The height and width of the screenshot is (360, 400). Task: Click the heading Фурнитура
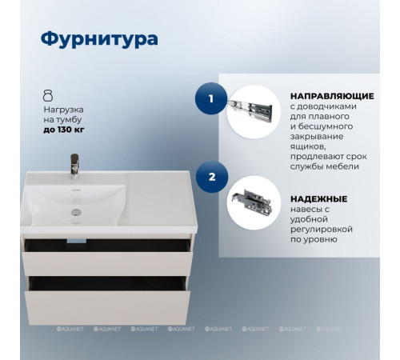click(98, 39)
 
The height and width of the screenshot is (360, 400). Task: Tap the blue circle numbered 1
click(210, 100)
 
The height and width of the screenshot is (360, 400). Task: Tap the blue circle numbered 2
click(210, 177)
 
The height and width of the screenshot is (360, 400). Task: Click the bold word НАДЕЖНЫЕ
click(318, 198)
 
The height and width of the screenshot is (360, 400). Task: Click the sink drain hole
click(76, 212)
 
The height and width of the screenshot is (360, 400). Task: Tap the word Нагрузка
click(63, 106)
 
